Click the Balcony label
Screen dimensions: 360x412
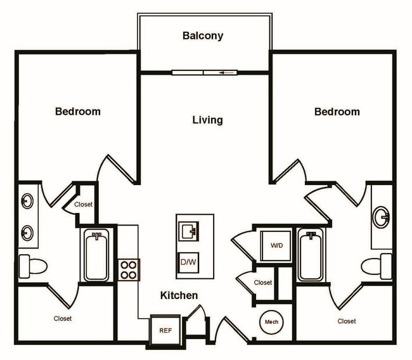[203, 35]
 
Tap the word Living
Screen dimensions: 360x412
[207, 120]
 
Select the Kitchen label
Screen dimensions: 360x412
[179, 295]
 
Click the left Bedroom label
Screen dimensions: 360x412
[77, 112]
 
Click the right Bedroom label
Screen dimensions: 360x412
[337, 112]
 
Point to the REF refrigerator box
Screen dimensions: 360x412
[165, 330]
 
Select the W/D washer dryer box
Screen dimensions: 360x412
[276, 245]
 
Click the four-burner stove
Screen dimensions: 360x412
[129, 269]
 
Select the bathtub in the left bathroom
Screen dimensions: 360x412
[96, 256]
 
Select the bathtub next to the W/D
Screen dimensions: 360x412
[310, 255]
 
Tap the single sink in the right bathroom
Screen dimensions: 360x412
[382, 217]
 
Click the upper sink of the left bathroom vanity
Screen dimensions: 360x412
[27, 202]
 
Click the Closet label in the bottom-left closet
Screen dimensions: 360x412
[62, 319]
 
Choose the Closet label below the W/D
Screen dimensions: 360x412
[263, 283]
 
